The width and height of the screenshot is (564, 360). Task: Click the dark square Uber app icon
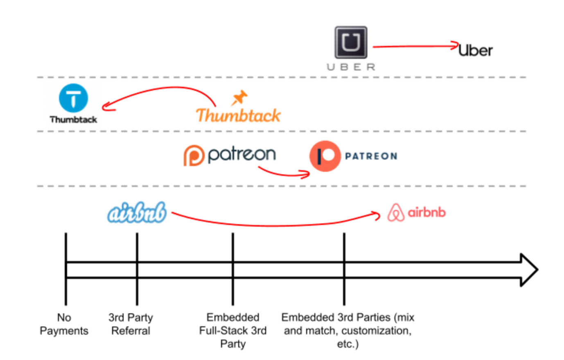[351, 43]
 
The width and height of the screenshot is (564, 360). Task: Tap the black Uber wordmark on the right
[475, 50]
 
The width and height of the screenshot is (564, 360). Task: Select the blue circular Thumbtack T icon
[73, 98]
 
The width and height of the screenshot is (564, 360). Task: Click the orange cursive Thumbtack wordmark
[238, 115]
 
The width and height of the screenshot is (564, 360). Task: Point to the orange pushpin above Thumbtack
[239, 97]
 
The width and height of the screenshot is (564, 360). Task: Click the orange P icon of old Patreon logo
[194, 155]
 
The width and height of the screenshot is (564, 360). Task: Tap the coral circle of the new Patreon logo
[325, 156]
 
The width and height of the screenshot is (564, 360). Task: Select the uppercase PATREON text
[371, 156]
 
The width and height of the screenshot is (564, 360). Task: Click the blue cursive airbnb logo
[137, 213]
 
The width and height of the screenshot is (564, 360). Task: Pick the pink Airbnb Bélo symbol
[395, 213]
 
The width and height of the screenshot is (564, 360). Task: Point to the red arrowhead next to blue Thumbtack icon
[106, 106]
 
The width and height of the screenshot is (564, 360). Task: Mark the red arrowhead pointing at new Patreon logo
[306, 175]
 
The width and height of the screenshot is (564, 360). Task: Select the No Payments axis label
[64, 324]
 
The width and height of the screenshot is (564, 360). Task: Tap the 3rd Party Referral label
[131, 324]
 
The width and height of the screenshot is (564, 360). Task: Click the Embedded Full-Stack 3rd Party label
[232, 331]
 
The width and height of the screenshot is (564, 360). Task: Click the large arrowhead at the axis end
[529, 270]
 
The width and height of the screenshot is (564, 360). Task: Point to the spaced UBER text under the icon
[351, 67]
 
